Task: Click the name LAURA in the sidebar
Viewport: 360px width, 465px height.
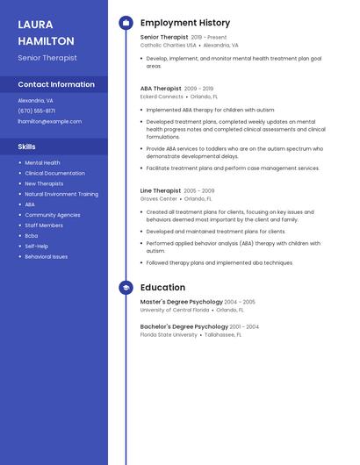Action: pyautogui.click(x=35, y=25)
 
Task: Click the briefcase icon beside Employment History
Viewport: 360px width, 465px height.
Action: pyautogui.click(x=126, y=23)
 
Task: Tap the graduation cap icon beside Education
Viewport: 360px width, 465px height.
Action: pyautogui.click(x=126, y=288)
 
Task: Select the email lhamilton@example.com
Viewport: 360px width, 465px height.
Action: pyautogui.click(x=50, y=121)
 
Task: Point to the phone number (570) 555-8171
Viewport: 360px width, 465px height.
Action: pyautogui.click(x=37, y=111)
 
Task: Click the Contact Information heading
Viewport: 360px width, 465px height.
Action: pyautogui.click(x=56, y=84)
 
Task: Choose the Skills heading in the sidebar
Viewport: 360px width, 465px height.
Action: pyautogui.click(x=27, y=147)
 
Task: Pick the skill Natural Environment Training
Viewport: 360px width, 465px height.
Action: pyautogui.click(x=61, y=194)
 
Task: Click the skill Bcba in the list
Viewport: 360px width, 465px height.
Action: pyautogui.click(x=32, y=235)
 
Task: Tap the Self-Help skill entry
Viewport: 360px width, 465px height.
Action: pyautogui.click(x=37, y=246)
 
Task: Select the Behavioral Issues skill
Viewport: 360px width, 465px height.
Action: pyautogui.click(x=47, y=256)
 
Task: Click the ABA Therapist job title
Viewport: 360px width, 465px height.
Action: pyautogui.click(x=161, y=89)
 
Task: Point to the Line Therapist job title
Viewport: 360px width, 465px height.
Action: pyautogui.click(x=161, y=190)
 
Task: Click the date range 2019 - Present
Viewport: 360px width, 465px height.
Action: pyautogui.click(x=209, y=38)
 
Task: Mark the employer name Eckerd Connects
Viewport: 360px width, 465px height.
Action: pyautogui.click(x=162, y=97)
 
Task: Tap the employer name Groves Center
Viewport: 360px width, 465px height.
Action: pyautogui.click(x=159, y=198)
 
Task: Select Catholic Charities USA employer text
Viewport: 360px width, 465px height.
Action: pyautogui.click(x=169, y=45)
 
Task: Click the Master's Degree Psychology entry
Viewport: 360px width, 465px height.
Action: pyautogui.click(x=181, y=302)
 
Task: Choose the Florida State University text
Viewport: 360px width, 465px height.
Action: pyautogui.click(x=169, y=334)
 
